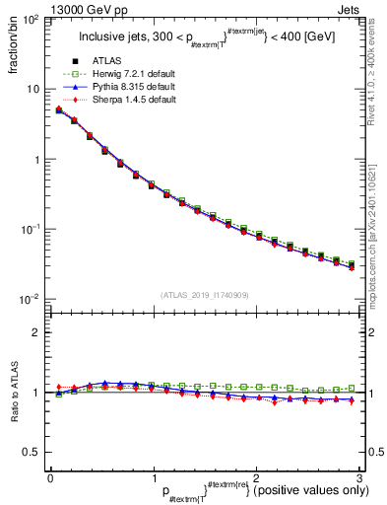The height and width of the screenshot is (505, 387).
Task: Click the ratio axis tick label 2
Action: point(36,332)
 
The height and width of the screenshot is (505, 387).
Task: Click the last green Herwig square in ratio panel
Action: point(352,388)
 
